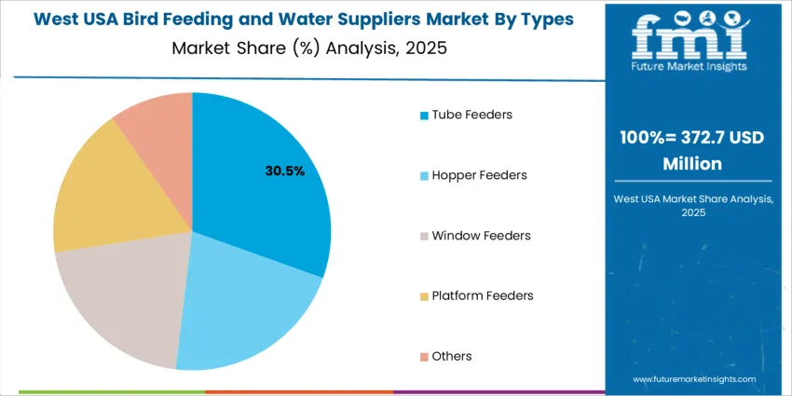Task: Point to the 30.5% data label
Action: pos(285,171)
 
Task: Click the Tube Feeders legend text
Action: pos(471,115)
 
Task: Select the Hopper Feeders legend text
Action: pos(479,175)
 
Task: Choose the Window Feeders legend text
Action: pos(481,236)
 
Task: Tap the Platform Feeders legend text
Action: pos(483,295)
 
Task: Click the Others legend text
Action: pos(452,356)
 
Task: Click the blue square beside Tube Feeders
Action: pos(425,116)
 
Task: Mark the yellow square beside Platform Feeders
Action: pos(425,296)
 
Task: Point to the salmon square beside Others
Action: pos(425,357)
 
